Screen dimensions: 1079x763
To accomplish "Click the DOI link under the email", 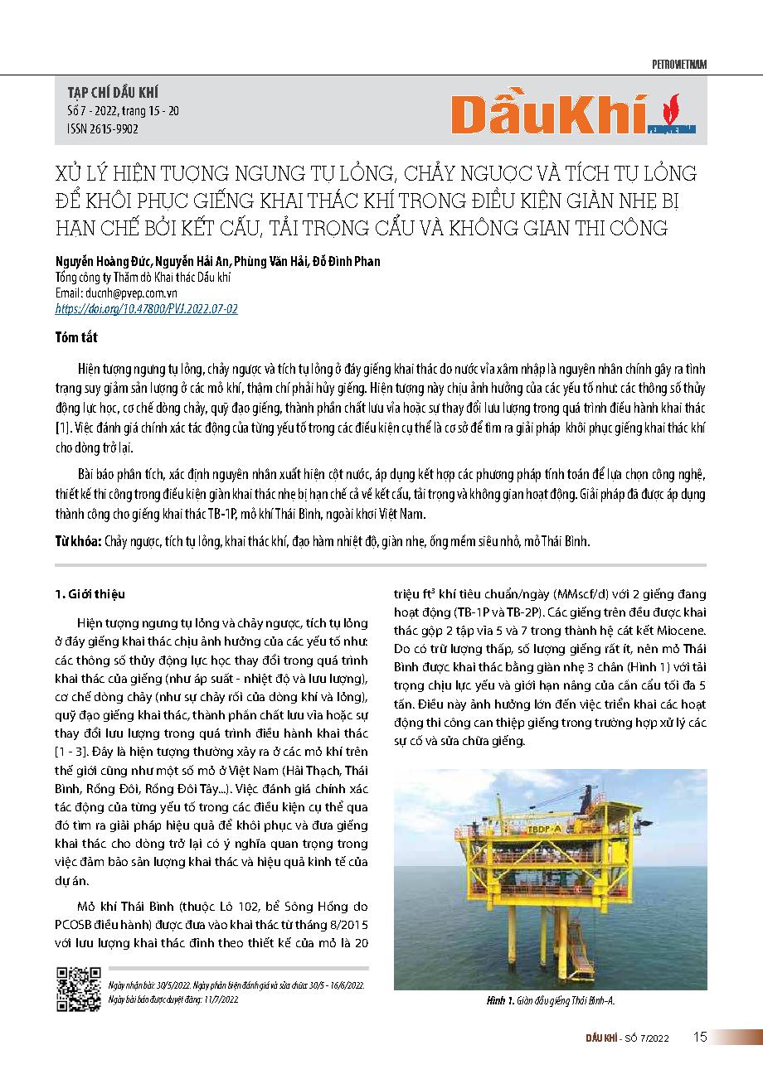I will coord(146,307).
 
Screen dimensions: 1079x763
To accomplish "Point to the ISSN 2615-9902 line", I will coord(101,128).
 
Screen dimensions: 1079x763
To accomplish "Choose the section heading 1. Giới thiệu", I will coord(91,594).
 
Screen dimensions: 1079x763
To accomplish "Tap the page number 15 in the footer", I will coord(700,1037).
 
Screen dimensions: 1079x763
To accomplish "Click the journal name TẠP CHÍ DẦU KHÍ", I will coord(111,92).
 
